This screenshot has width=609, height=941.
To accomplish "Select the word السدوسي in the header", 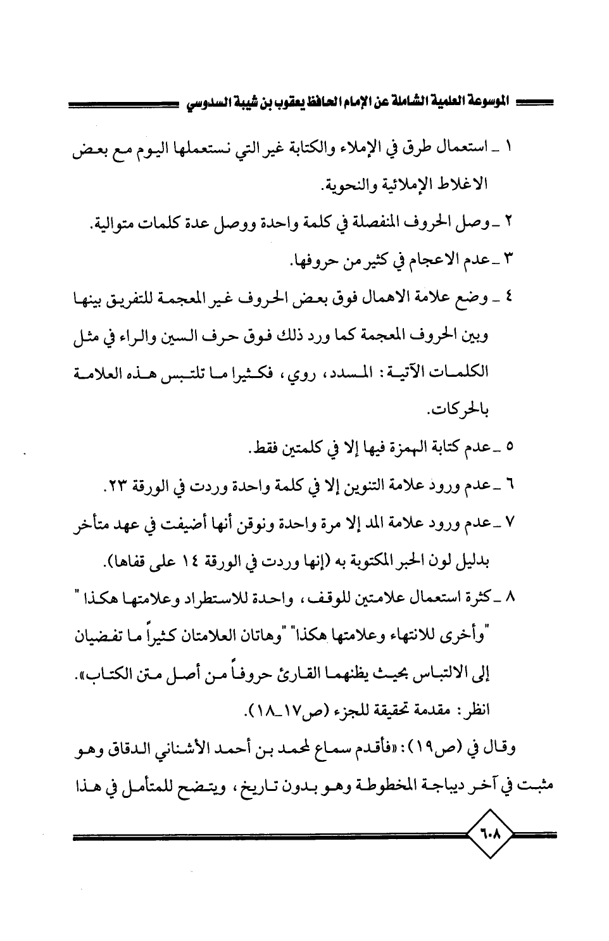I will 213,101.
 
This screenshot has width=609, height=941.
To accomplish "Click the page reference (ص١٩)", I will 435,750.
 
